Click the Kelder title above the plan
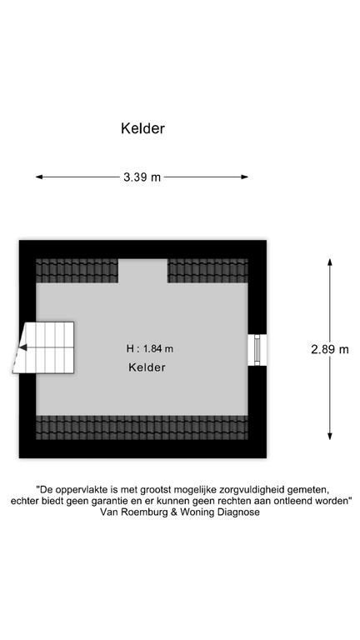(142, 128)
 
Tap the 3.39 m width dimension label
(142, 177)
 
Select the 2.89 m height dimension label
(330, 349)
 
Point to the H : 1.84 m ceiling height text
(150, 348)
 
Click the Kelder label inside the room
(147, 367)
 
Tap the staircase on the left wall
(44, 347)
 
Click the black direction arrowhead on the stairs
(23, 347)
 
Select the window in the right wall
(257, 350)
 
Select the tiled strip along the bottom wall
(142, 427)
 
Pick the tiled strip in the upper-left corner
(77, 271)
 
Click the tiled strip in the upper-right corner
(207, 271)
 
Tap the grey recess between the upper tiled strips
(142, 271)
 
